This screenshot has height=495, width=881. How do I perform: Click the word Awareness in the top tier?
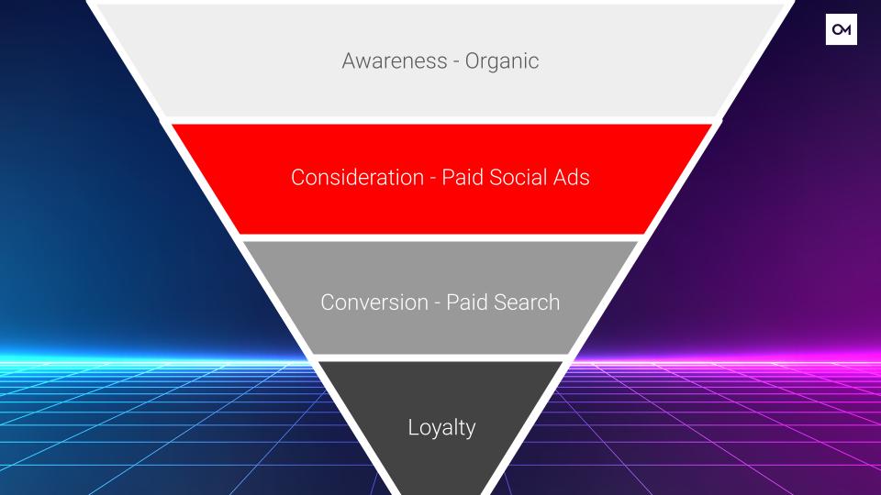395,60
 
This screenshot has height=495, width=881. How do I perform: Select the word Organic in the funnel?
502,61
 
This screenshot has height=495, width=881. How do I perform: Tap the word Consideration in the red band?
357,177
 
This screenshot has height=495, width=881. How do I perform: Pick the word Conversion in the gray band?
374,302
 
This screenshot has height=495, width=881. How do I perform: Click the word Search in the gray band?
527,302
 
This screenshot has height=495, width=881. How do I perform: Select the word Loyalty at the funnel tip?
441,428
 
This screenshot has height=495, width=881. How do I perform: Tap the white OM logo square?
842,29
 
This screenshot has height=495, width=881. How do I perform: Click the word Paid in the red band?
463,177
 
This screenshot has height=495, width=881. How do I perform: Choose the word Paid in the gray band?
467,302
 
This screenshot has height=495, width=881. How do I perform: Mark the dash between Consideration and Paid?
433,179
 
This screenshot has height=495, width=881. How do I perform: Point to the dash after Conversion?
437,304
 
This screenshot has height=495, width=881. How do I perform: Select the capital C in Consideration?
298,177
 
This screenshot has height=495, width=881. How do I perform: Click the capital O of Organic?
474,61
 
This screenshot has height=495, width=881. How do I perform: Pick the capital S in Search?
500,302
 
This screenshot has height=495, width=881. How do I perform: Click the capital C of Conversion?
329,302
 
